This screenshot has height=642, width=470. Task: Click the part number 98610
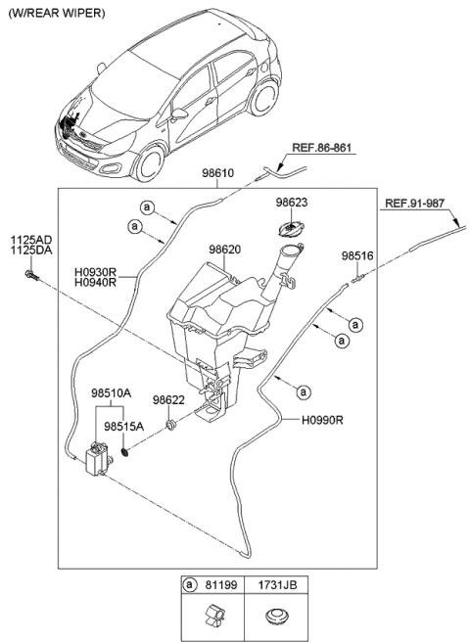(x=218, y=171)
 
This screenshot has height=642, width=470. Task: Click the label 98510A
(x=116, y=393)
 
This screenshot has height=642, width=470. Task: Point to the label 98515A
(x=124, y=427)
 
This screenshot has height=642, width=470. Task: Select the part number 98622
(x=168, y=399)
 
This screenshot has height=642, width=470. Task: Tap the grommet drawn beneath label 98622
(x=170, y=425)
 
